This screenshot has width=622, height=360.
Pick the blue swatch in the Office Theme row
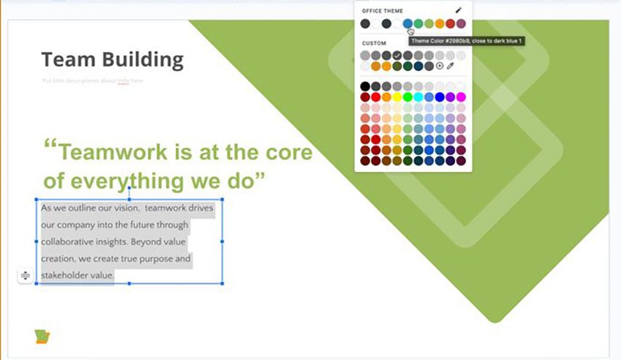tap(408, 24)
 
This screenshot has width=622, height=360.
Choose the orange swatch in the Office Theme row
tap(440, 24)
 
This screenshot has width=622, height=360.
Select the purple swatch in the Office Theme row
tap(461, 24)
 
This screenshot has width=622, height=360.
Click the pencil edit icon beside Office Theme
tap(459, 10)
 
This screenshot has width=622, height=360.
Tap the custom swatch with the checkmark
tap(397, 56)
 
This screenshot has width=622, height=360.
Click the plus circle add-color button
tap(440, 66)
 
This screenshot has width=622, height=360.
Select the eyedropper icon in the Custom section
tap(451, 66)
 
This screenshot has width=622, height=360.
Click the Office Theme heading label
tap(382, 11)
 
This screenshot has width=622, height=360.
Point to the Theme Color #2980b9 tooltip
tap(465, 41)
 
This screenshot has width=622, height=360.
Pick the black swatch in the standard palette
tap(365, 86)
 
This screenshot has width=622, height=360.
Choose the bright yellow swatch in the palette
tap(397, 97)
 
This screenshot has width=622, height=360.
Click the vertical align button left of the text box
tap(26, 275)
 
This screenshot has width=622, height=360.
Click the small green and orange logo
tap(42, 336)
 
